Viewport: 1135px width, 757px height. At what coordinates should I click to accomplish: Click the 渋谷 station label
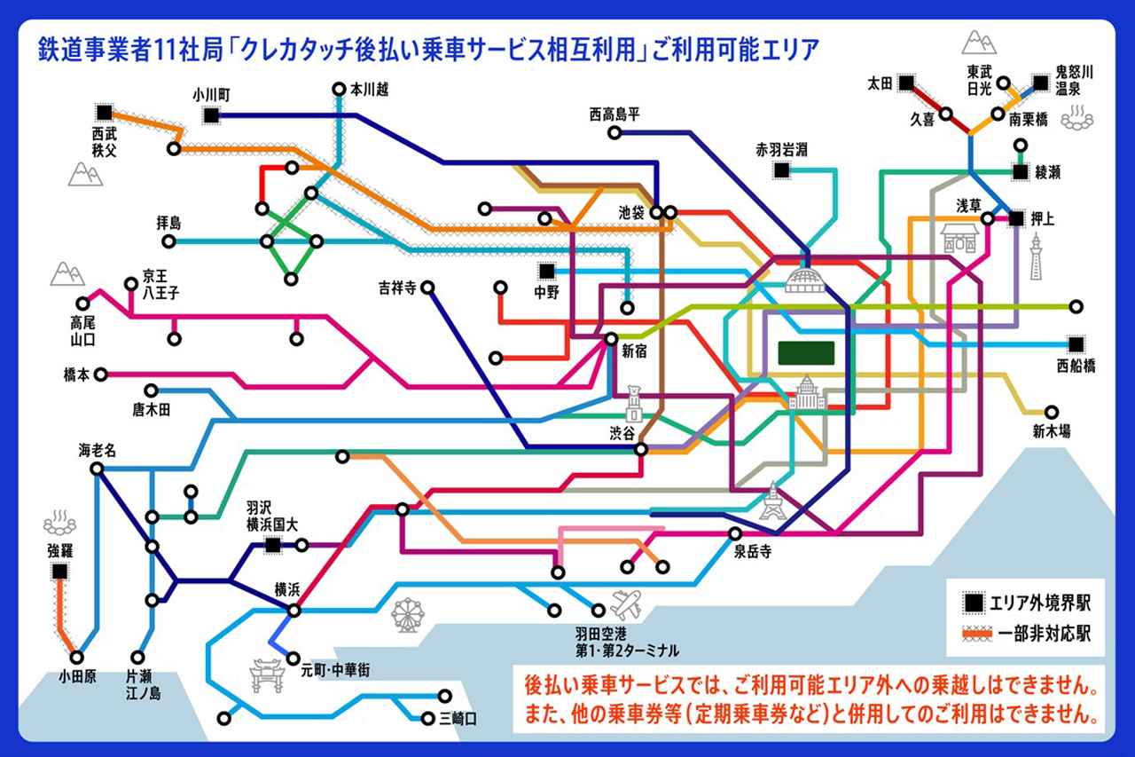point(622,434)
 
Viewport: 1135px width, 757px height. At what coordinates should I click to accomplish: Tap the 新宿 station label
point(634,351)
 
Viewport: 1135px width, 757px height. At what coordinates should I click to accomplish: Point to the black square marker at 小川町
point(211,114)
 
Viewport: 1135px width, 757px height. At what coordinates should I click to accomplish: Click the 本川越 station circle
point(339,89)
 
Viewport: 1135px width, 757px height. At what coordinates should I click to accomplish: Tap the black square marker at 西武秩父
point(105,112)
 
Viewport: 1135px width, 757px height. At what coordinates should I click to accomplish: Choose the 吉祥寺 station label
point(395,288)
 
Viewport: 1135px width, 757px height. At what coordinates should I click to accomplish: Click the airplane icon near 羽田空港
point(627,604)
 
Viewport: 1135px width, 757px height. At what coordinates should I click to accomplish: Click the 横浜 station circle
point(294,610)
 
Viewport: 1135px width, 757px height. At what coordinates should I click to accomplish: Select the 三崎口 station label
point(458,719)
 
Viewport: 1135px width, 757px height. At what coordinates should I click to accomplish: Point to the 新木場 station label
point(1051,432)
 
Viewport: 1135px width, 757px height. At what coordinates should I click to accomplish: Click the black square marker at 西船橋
point(1076,343)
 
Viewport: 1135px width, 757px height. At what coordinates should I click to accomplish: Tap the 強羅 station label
point(60,551)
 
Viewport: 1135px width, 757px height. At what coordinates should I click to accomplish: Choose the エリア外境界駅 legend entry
point(1029,603)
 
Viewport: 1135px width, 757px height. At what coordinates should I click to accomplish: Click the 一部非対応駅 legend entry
point(1029,635)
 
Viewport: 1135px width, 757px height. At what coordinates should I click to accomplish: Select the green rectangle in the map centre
point(806,353)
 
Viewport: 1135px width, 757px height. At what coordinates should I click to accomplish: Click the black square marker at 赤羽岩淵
point(782,170)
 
